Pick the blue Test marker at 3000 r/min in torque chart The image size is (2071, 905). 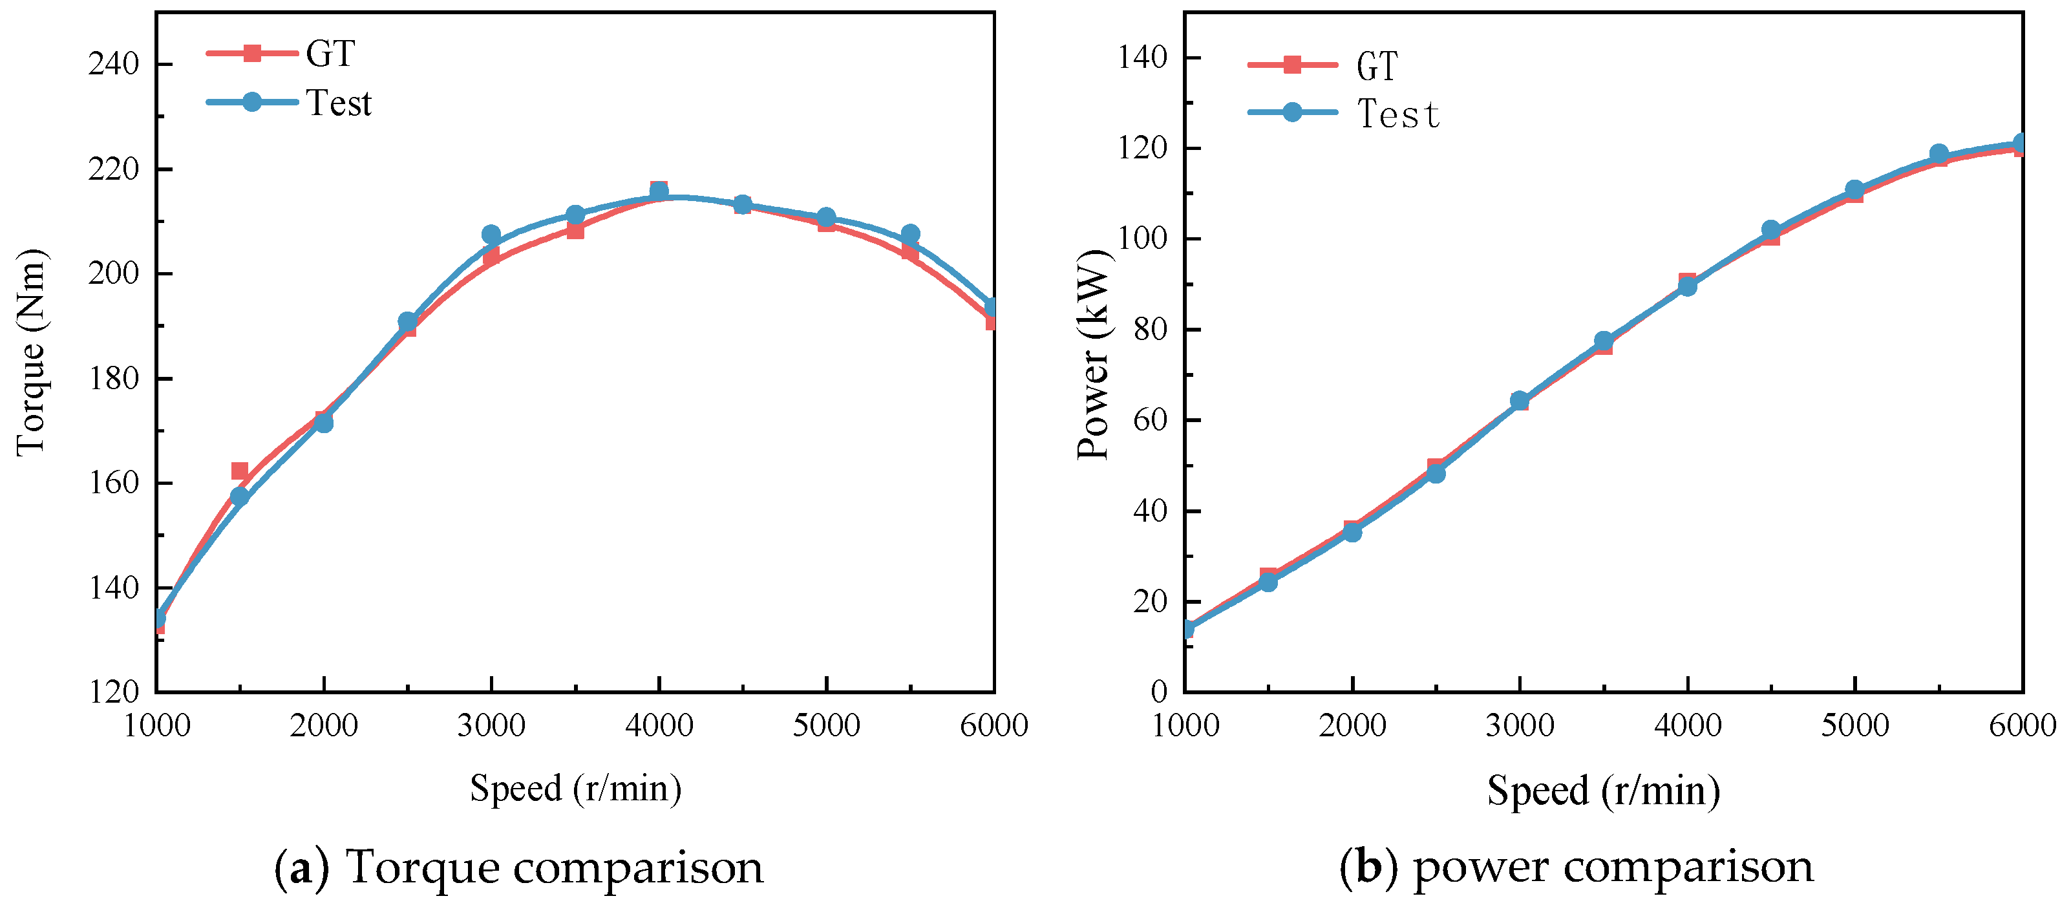click(491, 235)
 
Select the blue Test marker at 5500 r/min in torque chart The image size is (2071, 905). click(910, 234)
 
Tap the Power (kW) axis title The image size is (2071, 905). click(1094, 354)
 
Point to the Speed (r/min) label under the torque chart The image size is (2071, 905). click(576, 789)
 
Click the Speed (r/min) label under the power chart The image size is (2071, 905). click(1603, 791)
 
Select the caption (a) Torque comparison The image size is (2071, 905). click(518, 868)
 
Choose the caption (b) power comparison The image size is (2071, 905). click(1576, 868)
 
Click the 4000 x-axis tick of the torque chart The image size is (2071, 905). click(659, 726)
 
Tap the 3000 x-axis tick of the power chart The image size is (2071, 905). click(1520, 726)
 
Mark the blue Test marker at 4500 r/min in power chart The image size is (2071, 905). click(1770, 230)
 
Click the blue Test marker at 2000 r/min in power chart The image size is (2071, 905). click(1352, 532)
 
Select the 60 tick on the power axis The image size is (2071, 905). click(1150, 420)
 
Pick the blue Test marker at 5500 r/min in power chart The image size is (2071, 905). click(1938, 153)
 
